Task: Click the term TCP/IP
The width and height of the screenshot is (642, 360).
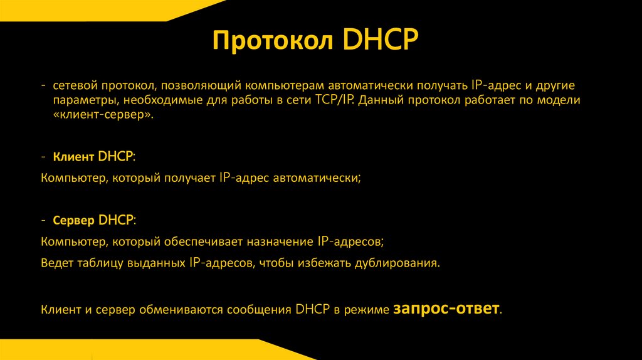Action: click(334, 100)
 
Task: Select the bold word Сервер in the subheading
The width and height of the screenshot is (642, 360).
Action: click(75, 221)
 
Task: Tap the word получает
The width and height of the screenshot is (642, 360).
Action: click(191, 178)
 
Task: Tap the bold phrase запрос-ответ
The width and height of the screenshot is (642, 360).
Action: click(447, 309)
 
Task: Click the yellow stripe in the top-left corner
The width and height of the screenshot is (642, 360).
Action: click(94, 9)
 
